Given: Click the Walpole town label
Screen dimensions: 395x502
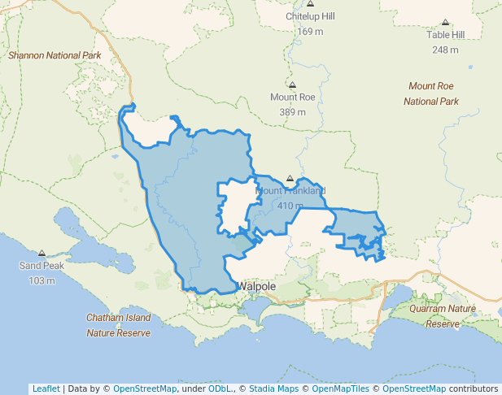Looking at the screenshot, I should tap(257, 287).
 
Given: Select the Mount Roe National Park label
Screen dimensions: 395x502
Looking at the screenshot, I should tap(431, 93).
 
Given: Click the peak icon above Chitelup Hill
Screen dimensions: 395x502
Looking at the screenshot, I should tap(310, 4).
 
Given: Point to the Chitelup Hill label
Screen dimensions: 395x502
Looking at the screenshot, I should tap(310, 17).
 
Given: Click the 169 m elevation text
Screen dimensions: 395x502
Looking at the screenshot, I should tap(310, 32).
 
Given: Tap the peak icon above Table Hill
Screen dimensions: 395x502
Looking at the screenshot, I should tap(445, 23).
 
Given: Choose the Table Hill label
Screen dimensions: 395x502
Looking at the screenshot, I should tap(445, 35).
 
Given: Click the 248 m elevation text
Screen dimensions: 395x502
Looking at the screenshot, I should tap(445, 50).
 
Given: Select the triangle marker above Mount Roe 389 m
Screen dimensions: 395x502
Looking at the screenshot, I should tap(292, 85).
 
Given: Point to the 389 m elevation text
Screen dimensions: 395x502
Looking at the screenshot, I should tap(292, 111).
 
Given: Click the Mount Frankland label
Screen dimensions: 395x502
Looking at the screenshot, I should tap(290, 191).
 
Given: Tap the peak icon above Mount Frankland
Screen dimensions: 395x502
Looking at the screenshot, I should tap(290, 178).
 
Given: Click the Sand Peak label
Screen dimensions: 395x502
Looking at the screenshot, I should tap(41, 266).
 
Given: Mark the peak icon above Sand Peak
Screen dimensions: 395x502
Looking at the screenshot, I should tap(41, 254).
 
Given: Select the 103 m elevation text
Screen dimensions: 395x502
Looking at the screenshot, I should tap(41, 280).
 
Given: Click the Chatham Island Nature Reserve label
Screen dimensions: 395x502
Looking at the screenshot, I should tap(119, 324).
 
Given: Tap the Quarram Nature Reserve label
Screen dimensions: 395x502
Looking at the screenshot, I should tap(443, 316).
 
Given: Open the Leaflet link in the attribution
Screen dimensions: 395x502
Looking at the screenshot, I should tap(46, 388).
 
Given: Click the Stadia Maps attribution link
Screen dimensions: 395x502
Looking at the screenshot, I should tap(273, 388).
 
